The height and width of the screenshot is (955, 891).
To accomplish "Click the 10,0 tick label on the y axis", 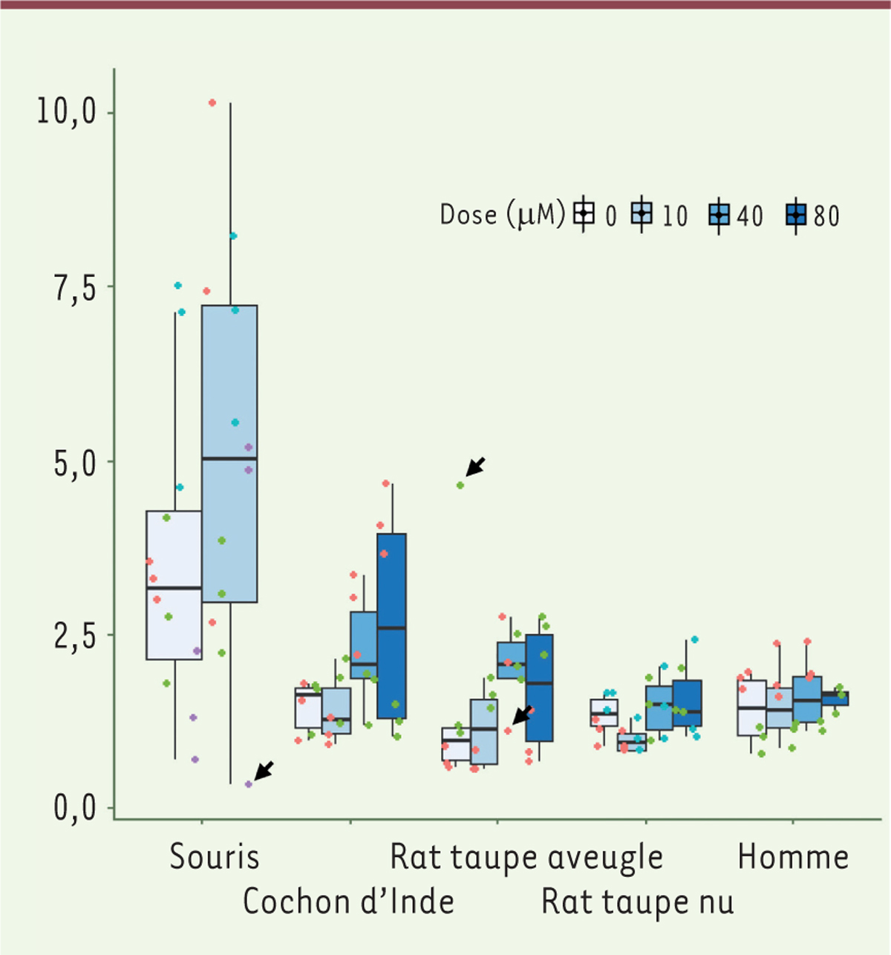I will (67, 113).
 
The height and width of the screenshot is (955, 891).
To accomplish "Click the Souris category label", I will (215, 856).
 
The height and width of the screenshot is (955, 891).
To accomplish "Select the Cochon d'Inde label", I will (348, 902).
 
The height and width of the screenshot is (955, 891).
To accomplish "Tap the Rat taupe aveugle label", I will (526, 857).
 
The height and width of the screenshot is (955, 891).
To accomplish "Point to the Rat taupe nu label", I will (638, 902).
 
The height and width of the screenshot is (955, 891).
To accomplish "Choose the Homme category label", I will (793, 857).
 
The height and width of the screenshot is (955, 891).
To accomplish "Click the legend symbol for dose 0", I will (584, 214).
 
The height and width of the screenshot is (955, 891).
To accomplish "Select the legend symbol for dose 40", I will (719, 215).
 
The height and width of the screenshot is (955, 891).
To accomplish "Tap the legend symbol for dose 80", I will (796, 215).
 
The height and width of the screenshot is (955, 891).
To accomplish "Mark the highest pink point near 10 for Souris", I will (212, 102).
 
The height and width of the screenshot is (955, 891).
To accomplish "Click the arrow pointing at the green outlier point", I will (476, 466).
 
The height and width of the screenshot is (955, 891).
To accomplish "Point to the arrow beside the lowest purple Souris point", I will (264, 770).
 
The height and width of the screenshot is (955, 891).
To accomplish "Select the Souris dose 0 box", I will (174, 585).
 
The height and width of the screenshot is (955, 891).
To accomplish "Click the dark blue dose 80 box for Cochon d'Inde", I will (391, 626).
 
